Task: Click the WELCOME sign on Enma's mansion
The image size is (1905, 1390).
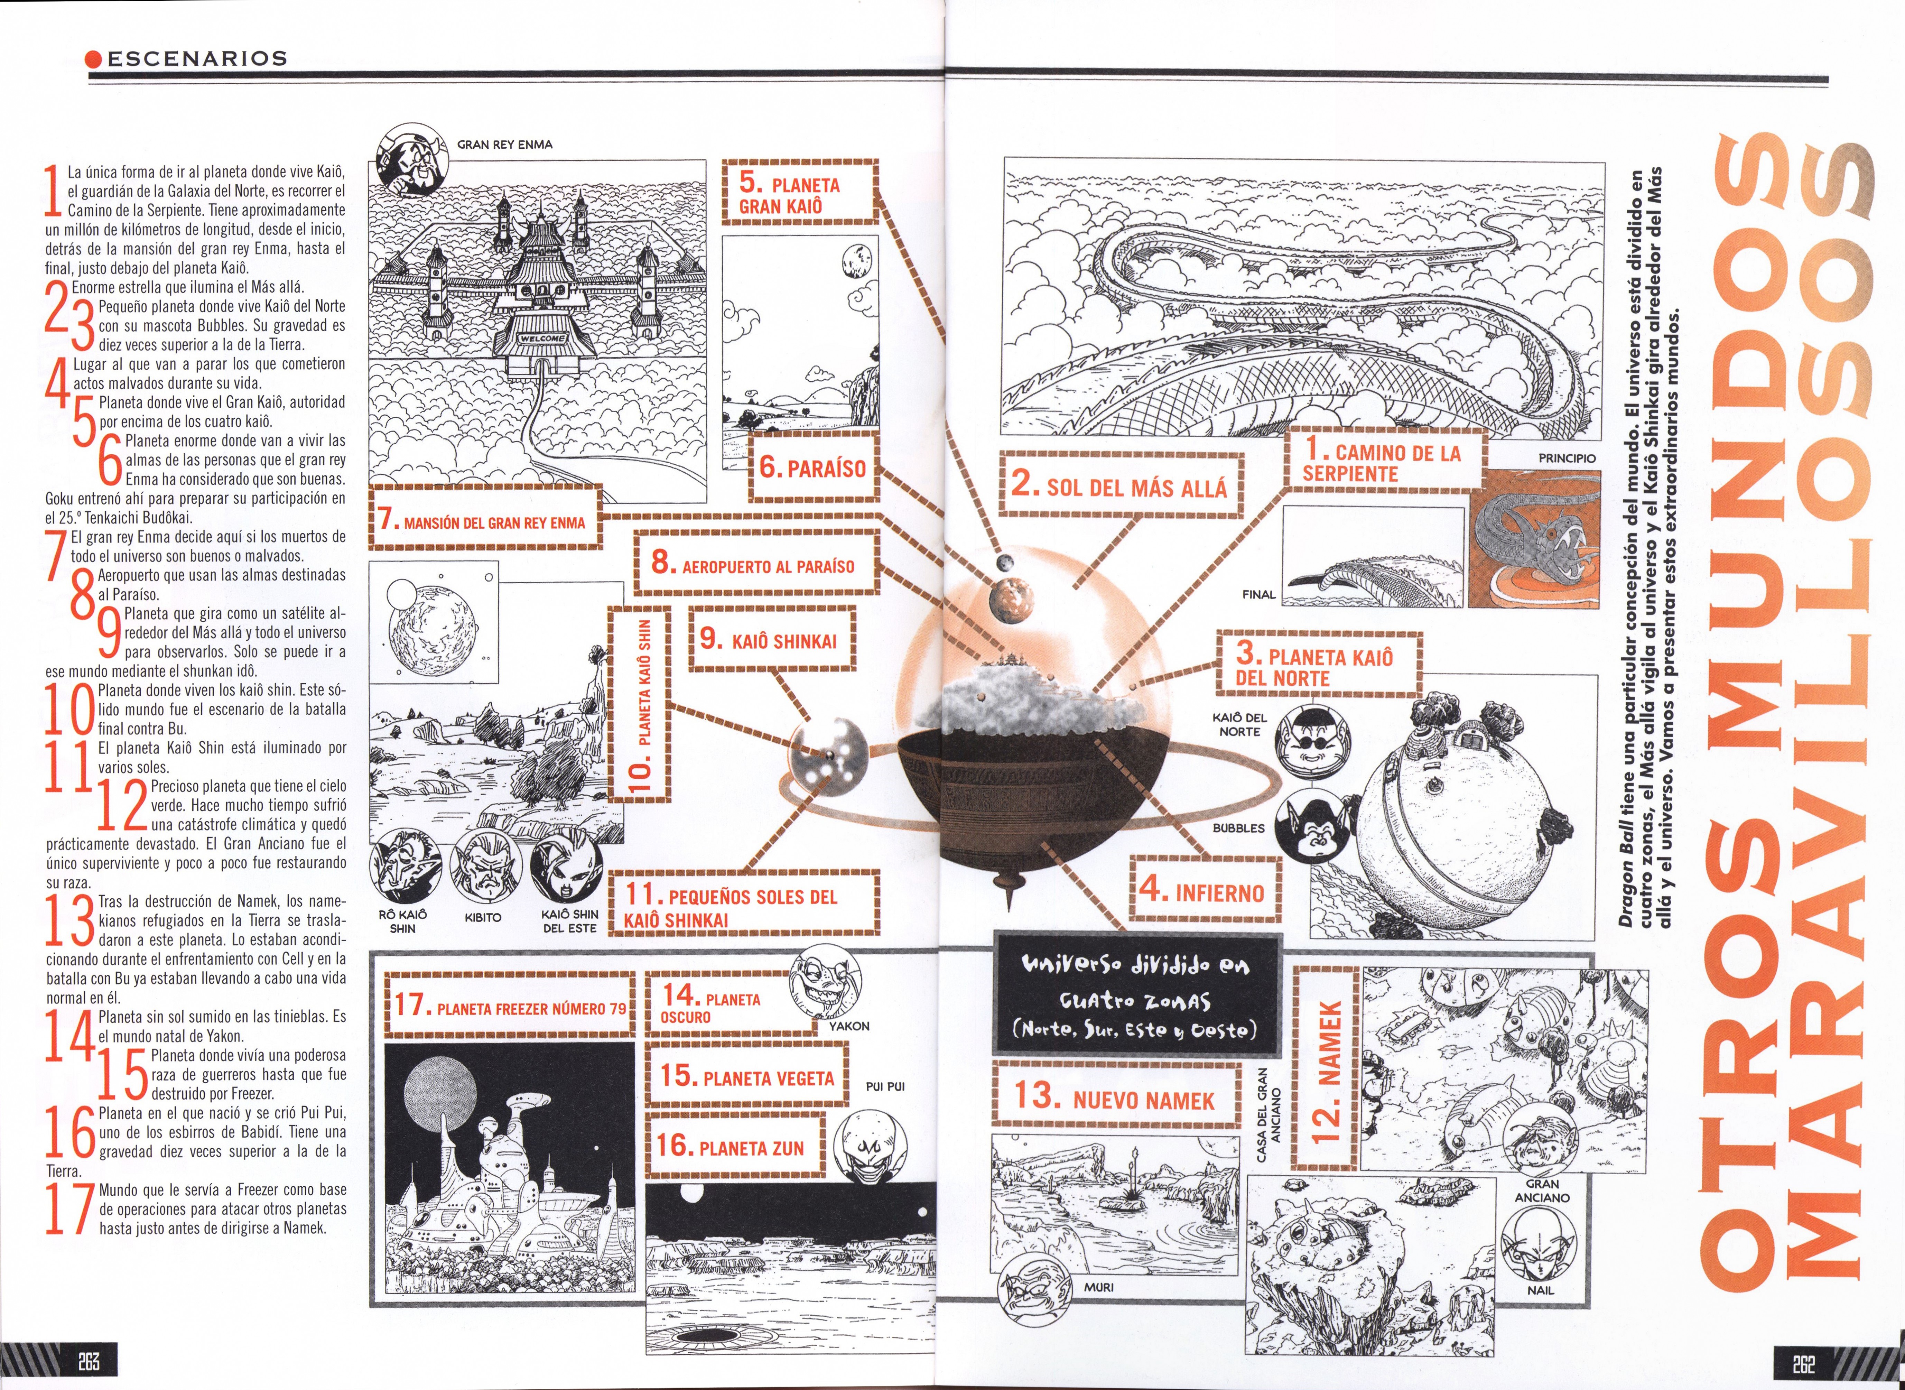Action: [x=543, y=338]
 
